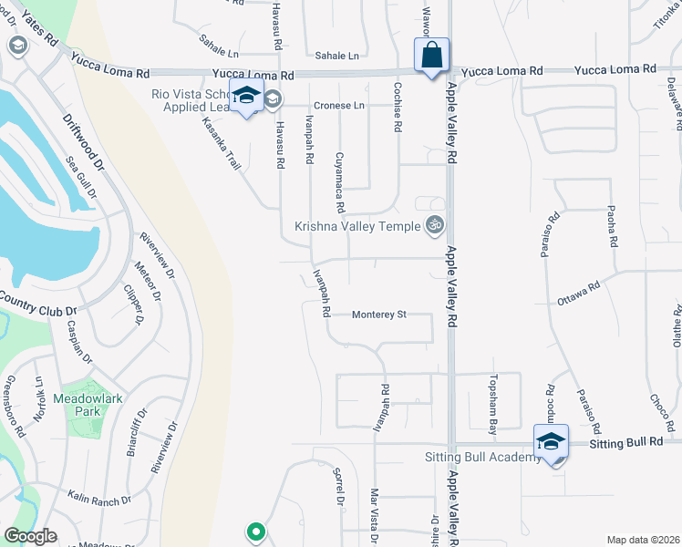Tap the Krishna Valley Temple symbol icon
pos(435,224)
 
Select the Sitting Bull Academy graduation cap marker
pos(551,441)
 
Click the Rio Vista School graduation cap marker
pos(246,97)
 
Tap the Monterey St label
pos(379,315)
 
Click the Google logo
pos(30,536)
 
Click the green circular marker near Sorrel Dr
pos(256,531)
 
